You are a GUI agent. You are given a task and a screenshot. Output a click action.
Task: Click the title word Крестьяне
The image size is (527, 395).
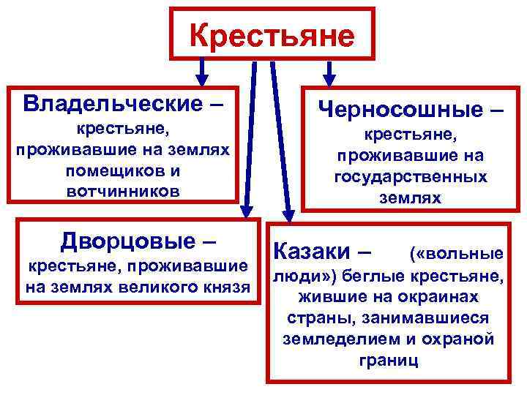pyautogui.click(x=272, y=34)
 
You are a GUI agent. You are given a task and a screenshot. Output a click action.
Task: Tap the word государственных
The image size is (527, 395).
pyautogui.click(x=410, y=177)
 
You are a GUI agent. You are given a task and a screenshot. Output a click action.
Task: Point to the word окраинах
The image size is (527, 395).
pyautogui.click(x=441, y=298)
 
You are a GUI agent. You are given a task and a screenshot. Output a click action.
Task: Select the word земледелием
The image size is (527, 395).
pyautogui.click(x=329, y=339)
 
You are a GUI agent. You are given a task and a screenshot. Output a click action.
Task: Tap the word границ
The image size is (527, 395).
pyautogui.click(x=388, y=360)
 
